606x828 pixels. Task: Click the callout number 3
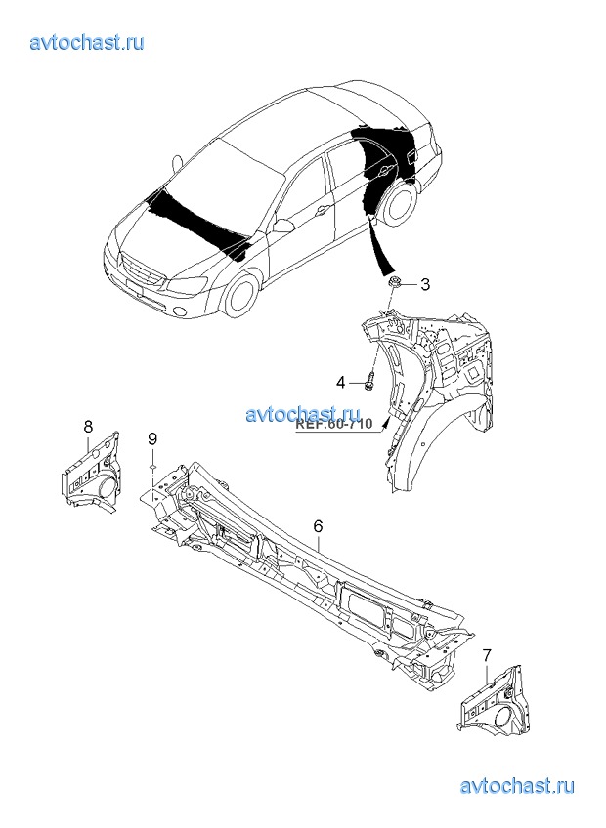coord(424,285)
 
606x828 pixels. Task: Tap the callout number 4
coord(341,382)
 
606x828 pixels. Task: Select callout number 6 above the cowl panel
coord(318,526)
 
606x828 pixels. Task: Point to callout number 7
coord(487,655)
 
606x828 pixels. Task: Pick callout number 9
coord(152,437)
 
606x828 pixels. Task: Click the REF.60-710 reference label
coord(333,424)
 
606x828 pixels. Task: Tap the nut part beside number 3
coord(393,283)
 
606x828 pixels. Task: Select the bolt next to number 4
coord(369,381)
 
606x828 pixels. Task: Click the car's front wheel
coord(242,294)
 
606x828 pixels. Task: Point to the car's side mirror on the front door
coord(283,227)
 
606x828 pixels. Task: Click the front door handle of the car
coord(321,212)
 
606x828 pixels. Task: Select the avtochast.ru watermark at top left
coord(87,42)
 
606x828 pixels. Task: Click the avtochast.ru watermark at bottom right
coord(517,786)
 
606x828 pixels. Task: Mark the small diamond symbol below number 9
coord(152,467)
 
